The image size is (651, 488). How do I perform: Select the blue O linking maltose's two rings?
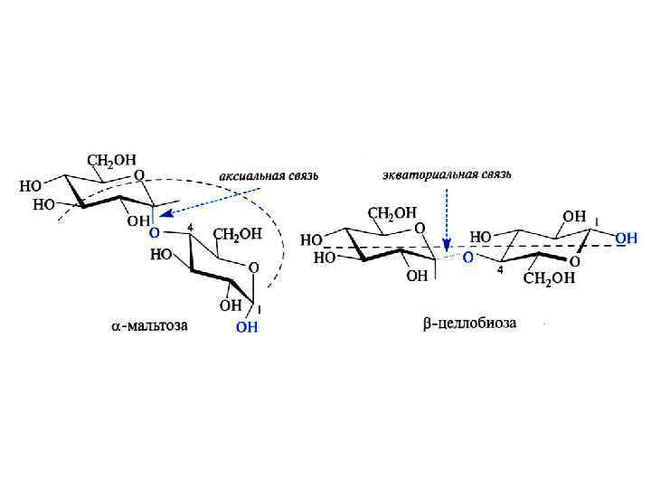[154, 232]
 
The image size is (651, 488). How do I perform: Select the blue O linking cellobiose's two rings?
[467, 258]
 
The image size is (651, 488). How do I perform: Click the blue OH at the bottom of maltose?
[247, 327]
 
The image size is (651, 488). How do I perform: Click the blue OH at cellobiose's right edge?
[626, 238]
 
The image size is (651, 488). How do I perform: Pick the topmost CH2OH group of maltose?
[110, 161]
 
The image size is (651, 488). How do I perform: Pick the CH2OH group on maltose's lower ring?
[237, 234]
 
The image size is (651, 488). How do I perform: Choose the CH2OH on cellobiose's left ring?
[392, 213]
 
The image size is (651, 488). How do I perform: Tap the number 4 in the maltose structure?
[191, 226]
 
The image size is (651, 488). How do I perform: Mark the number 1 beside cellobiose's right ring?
[596, 222]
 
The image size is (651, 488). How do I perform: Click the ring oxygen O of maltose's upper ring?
[138, 174]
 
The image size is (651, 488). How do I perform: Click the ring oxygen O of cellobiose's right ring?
[575, 261]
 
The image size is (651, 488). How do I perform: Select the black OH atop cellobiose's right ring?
[574, 217]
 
